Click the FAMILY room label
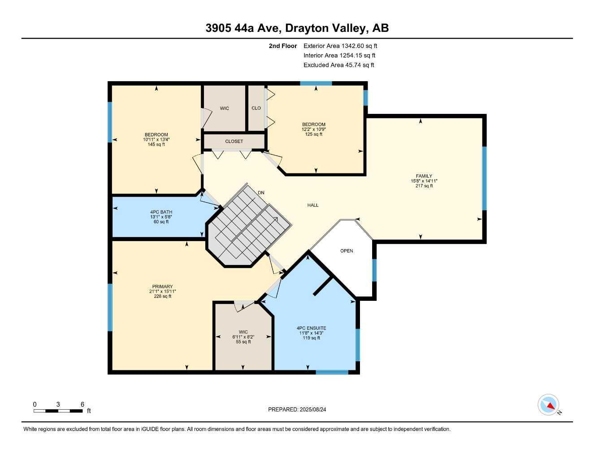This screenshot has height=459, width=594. tap(424, 176)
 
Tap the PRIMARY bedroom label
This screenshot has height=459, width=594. tap(162, 286)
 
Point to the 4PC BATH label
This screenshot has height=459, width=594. tap(161, 212)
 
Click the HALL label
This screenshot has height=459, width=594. tap(313, 205)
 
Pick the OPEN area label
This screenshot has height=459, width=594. tap(347, 251)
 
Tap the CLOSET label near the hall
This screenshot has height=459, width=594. tap(234, 141)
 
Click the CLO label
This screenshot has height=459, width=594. tap(256, 108)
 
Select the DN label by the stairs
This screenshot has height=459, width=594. tap(261, 193)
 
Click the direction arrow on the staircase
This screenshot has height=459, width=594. tap(274, 220)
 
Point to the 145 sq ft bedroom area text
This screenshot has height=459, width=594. tap(156, 144)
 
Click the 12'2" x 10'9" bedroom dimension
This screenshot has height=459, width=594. tap(313, 129)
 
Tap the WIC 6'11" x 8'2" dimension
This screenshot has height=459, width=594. tap(243, 337)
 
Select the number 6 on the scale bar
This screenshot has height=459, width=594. tap(82, 404)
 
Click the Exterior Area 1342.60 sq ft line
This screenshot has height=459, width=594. tap(340, 46)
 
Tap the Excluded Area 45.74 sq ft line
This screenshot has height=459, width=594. tap(338, 65)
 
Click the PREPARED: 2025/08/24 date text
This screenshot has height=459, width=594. tap(300, 409)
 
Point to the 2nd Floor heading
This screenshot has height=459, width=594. tap(282, 46)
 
